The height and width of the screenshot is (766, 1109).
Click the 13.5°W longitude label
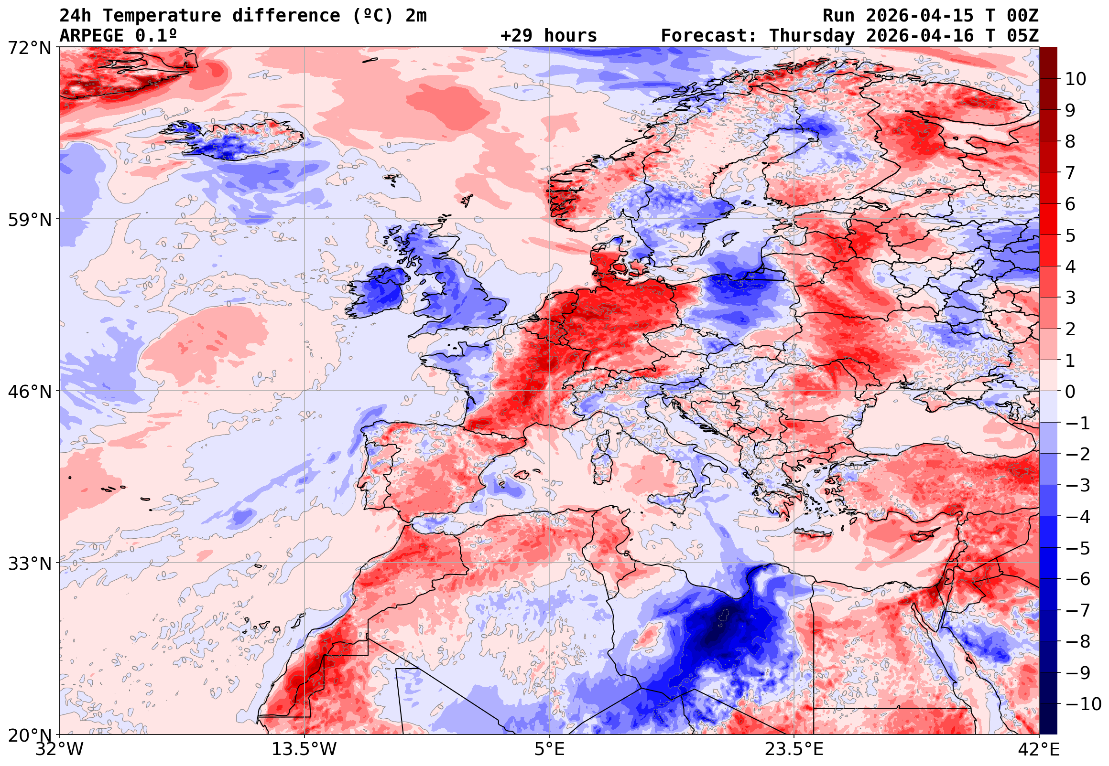click(304, 749)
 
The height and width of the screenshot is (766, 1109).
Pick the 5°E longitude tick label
click(549, 749)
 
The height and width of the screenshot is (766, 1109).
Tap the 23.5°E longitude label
click(794, 749)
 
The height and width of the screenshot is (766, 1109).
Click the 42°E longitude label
click(1039, 749)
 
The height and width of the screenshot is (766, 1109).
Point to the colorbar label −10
click(1083, 704)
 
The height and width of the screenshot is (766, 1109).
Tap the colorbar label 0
click(1070, 392)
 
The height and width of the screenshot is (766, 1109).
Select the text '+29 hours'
click(548, 36)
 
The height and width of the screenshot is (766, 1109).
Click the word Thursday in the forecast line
click(812, 36)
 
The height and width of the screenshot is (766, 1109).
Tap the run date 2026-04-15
click(919, 16)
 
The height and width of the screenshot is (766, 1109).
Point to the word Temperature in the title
click(162, 16)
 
